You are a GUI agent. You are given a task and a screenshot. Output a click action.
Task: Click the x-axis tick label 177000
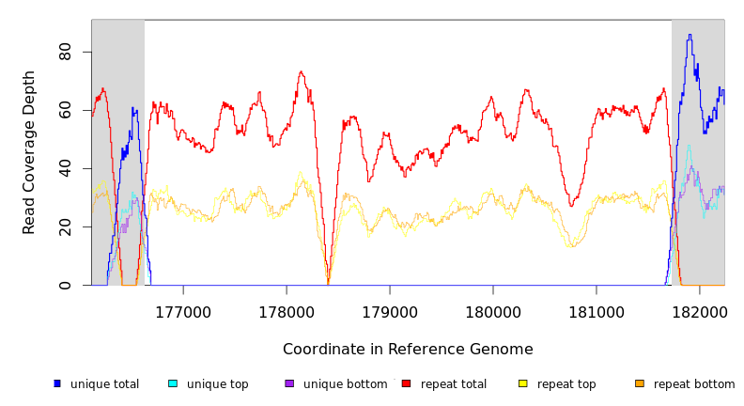[183, 311]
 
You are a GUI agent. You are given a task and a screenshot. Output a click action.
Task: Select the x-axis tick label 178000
[287, 311]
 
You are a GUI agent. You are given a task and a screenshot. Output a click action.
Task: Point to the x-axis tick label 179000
[390, 311]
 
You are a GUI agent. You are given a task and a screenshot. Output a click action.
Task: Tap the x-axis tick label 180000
[493, 311]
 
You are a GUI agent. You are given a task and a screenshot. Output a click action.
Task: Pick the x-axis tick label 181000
[597, 311]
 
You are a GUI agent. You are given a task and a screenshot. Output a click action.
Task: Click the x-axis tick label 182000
[699, 311]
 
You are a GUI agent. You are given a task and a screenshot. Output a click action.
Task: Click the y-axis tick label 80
[66, 52]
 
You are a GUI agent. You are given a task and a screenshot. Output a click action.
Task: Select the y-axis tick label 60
[66, 110]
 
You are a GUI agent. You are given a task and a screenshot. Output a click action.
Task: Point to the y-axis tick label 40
[66, 168]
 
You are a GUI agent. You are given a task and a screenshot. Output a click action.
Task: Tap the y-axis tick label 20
[66, 226]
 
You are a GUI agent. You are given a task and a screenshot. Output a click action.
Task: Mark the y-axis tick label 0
[66, 285]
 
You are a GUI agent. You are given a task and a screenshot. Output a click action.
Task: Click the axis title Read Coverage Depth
[30, 152]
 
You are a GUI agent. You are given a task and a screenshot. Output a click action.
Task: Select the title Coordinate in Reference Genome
[408, 350]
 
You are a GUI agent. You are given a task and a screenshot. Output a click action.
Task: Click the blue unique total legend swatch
[57, 383]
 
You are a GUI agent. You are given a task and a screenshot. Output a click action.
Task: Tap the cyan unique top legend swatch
[173, 383]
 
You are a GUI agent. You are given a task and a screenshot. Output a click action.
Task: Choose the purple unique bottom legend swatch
[289, 383]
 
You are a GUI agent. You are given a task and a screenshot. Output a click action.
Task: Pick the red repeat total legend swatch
[406, 383]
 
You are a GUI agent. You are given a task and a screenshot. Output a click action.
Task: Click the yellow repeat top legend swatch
[522, 383]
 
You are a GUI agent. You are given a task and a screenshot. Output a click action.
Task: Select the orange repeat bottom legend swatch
[640, 383]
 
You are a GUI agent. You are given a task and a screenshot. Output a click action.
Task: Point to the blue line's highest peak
[690, 36]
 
